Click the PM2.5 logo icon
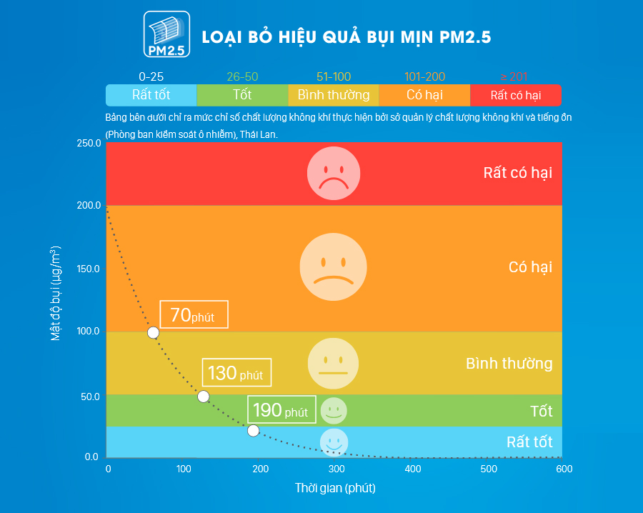coord(166,34)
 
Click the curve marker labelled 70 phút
coord(153,332)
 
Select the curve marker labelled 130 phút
coord(204,397)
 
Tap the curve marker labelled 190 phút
coord(253,430)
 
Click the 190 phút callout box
coord(281,410)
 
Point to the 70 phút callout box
coord(194,314)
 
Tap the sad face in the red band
coord(328,174)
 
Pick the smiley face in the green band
coord(334,410)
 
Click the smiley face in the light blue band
coord(334,442)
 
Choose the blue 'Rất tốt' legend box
coord(151,95)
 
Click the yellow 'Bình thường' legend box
coord(334,95)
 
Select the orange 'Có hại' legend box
coord(424,95)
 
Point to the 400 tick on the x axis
coord(412,469)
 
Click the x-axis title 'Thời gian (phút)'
coord(335,489)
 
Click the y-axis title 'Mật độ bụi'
coord(56,293)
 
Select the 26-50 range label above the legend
coord(242,76)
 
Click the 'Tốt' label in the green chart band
coord(542,412)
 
